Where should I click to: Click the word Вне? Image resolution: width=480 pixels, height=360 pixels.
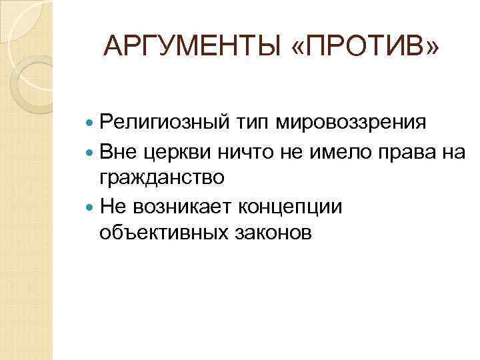[x=119, y=151]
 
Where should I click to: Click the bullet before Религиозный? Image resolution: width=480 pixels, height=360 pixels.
[x=91, y=124]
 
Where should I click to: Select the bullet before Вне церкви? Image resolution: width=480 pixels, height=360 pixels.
[x=91, y=152]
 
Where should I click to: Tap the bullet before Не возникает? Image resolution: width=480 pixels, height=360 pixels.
[x=91, y=207]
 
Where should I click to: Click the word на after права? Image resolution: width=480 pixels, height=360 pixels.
[x=451, y=151]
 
